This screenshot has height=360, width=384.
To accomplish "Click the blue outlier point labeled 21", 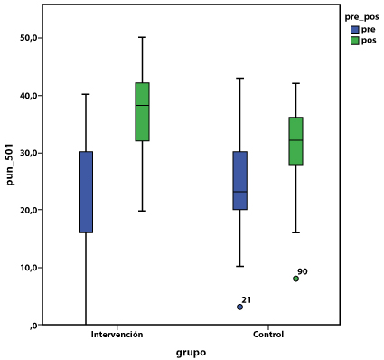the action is [x=239, y=307].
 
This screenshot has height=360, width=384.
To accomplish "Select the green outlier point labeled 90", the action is [x=295, y=279].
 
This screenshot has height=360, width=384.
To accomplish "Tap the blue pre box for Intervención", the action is [x=86, y=192].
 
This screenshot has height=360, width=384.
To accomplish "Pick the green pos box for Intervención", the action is [x=142, y=111].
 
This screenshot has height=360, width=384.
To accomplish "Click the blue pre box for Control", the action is [x=240, y=180].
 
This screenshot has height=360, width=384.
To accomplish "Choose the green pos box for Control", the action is [x=295, y=141].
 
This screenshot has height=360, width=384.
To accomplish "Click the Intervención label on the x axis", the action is [x=117, y=335].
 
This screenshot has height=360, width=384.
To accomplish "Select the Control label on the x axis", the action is [x=268, y=335].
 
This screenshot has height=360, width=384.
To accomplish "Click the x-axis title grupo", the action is [x=191, y=353].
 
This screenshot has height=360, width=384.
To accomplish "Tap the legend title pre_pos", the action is [x=361, y=17].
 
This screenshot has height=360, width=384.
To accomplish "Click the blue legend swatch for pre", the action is [x=355, y=30].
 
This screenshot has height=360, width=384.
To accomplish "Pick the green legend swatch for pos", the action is [x=355, y=41].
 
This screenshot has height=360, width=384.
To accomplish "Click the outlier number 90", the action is [x=303, y=271].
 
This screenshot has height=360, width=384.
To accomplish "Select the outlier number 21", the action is [x=247, y=300].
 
